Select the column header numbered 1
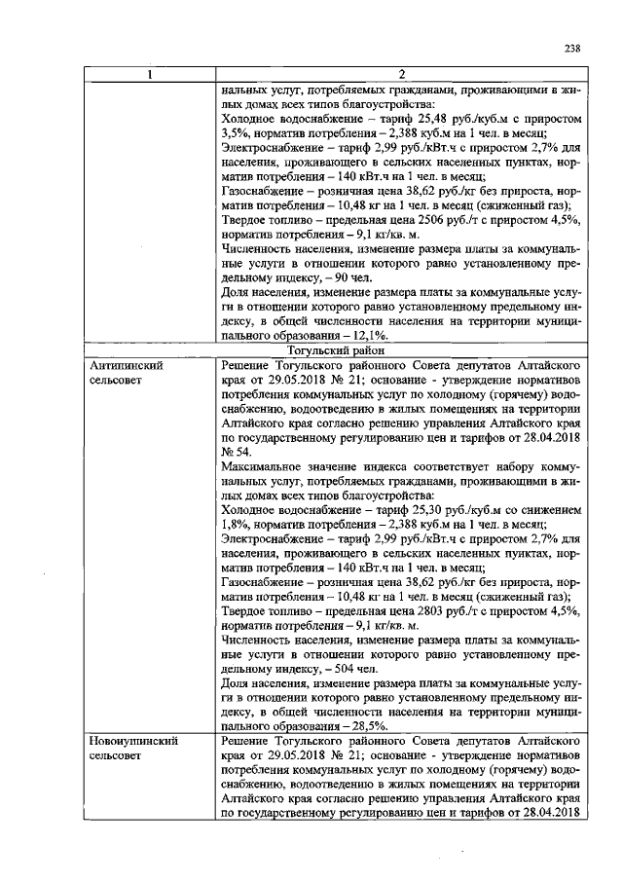click(x=149, y=75)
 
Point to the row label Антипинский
click(x=124, y=364)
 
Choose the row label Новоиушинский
click(x=129, y=743)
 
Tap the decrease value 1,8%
click(x=237, y=523)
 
